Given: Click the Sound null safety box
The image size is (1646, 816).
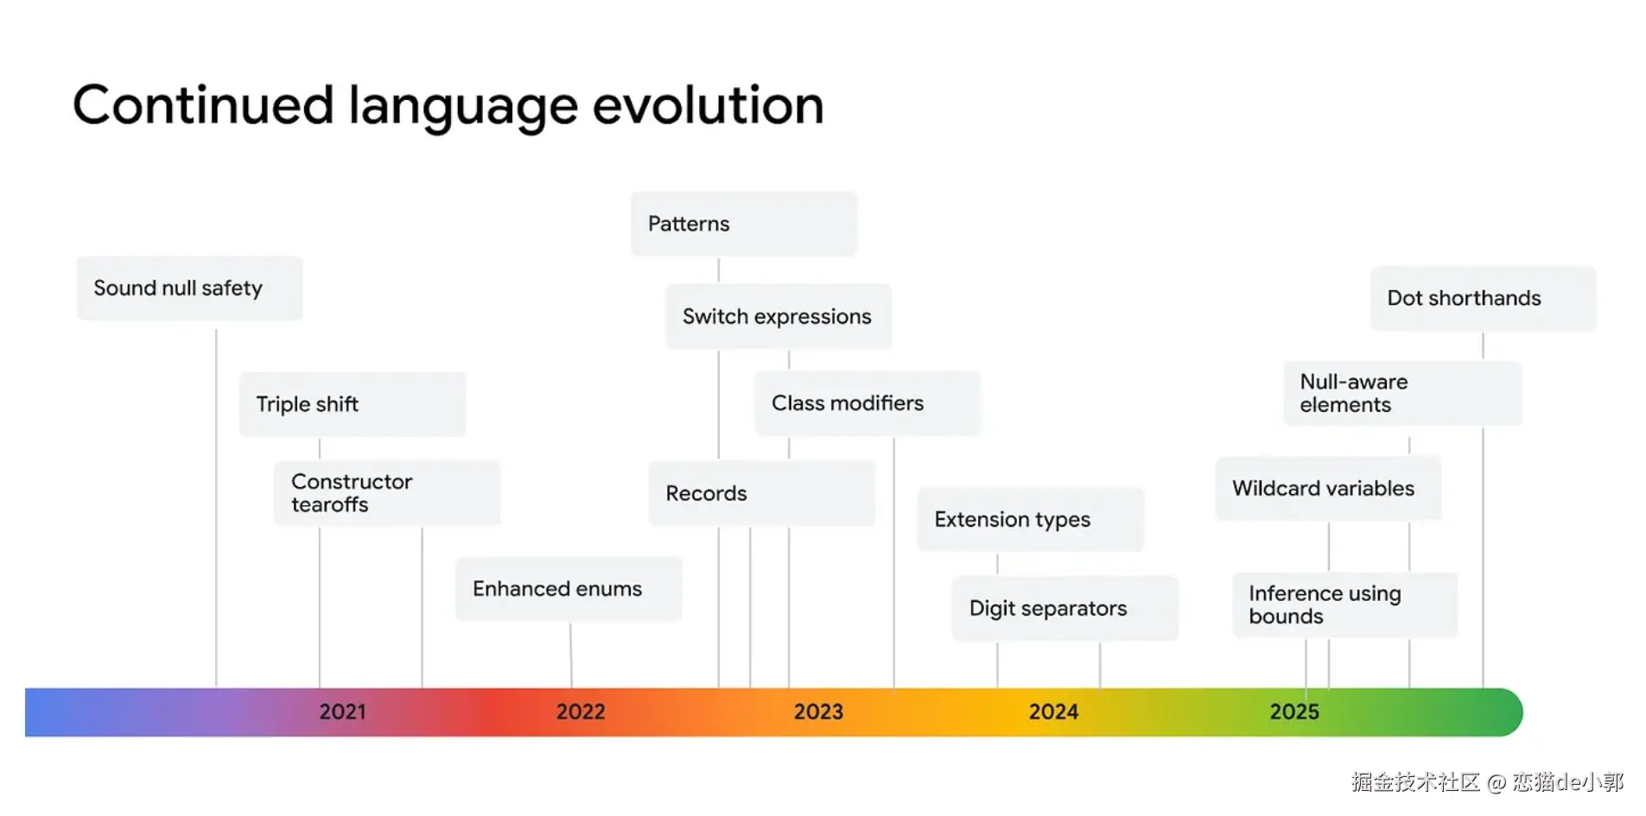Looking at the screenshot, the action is click(x=189, y=288).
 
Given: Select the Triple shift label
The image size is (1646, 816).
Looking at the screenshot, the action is click(x=307, y=404).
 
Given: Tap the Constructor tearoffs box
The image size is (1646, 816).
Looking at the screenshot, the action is click(x=387, y=493).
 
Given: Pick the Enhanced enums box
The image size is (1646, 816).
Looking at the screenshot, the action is click(x=569, y=589).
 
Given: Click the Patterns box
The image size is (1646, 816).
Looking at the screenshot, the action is click(x=744, y=224).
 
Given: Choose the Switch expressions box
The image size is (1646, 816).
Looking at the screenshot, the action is click(x=779, y=316).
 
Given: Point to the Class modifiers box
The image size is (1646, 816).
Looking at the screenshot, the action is click(x=867, y=403).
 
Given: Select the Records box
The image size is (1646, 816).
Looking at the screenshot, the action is click(x=762, y=493).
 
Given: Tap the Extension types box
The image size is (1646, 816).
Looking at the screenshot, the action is click(x=1031, y=519).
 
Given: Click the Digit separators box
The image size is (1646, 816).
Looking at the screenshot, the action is click(x=1065, y=609).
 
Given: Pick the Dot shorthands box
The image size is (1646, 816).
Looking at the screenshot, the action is click(x=1484, y=299).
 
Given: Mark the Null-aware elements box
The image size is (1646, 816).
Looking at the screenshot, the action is click(x=1403, y=394).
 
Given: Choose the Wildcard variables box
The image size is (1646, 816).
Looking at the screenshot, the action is click(x=1329, y=489).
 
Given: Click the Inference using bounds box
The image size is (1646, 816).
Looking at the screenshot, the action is click(x=1345, y=605).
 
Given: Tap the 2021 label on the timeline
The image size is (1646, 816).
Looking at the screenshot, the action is click(x=343, y=712).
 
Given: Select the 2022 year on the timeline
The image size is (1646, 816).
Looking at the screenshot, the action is click(x=581, y=712).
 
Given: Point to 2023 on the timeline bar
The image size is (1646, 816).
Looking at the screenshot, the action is click(x=818, y=712).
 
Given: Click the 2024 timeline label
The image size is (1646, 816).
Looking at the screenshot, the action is click(x=1053, y=712).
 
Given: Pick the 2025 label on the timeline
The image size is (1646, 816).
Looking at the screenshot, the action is click(x=1294, y=712).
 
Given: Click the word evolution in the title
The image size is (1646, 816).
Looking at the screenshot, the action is click(x=708, y=105).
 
